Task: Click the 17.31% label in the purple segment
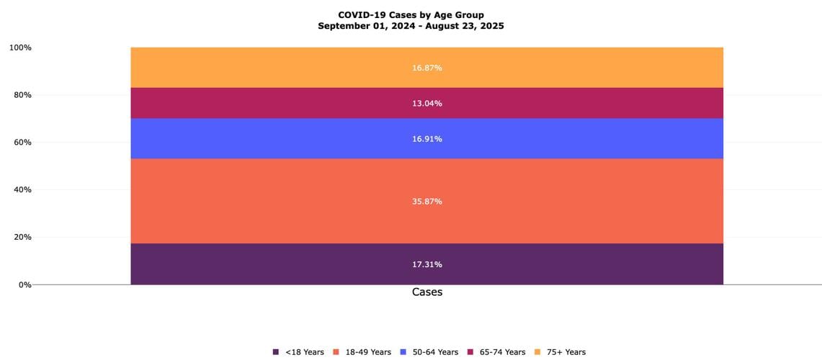point(427,264)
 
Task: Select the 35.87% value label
point(427,202)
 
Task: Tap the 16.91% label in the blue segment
point(427,139)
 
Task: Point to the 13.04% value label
point(427,104)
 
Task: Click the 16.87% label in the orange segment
point(427,68)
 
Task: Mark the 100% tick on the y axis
point(20,48)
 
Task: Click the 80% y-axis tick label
point(22,95)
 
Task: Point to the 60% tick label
point(22,143)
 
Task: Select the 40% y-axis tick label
point(22,190)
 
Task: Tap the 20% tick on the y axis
point(22,237)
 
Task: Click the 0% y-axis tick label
point(24,284)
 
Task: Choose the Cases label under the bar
point(427,292)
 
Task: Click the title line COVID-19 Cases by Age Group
point(411,14)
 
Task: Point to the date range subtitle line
point(411,26)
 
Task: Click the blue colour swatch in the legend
point(403,352)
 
